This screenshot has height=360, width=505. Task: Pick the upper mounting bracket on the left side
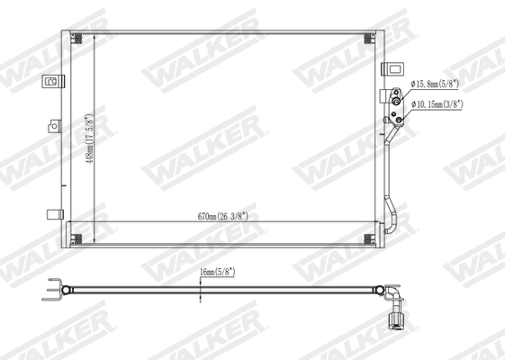coord(50,81)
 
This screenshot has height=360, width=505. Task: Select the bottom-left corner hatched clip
coord(77,239)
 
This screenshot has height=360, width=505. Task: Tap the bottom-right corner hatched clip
coord(369,239)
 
